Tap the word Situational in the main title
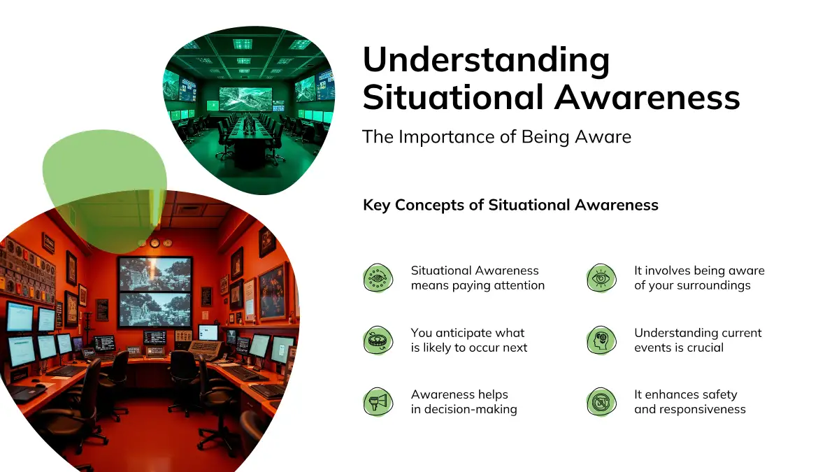pos(453,97)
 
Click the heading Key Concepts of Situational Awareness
pos(510,206)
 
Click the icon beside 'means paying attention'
pos(378,278)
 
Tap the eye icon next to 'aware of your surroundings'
pos(601,278)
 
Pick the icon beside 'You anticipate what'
pos(378,340)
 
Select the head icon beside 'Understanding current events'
pos(601,340)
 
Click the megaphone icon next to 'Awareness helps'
pos(378,402)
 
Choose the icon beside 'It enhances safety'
pos(601,402)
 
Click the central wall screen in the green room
pos(245,99)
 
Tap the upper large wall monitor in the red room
pos(155,275)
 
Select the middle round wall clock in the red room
pos(155,243)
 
